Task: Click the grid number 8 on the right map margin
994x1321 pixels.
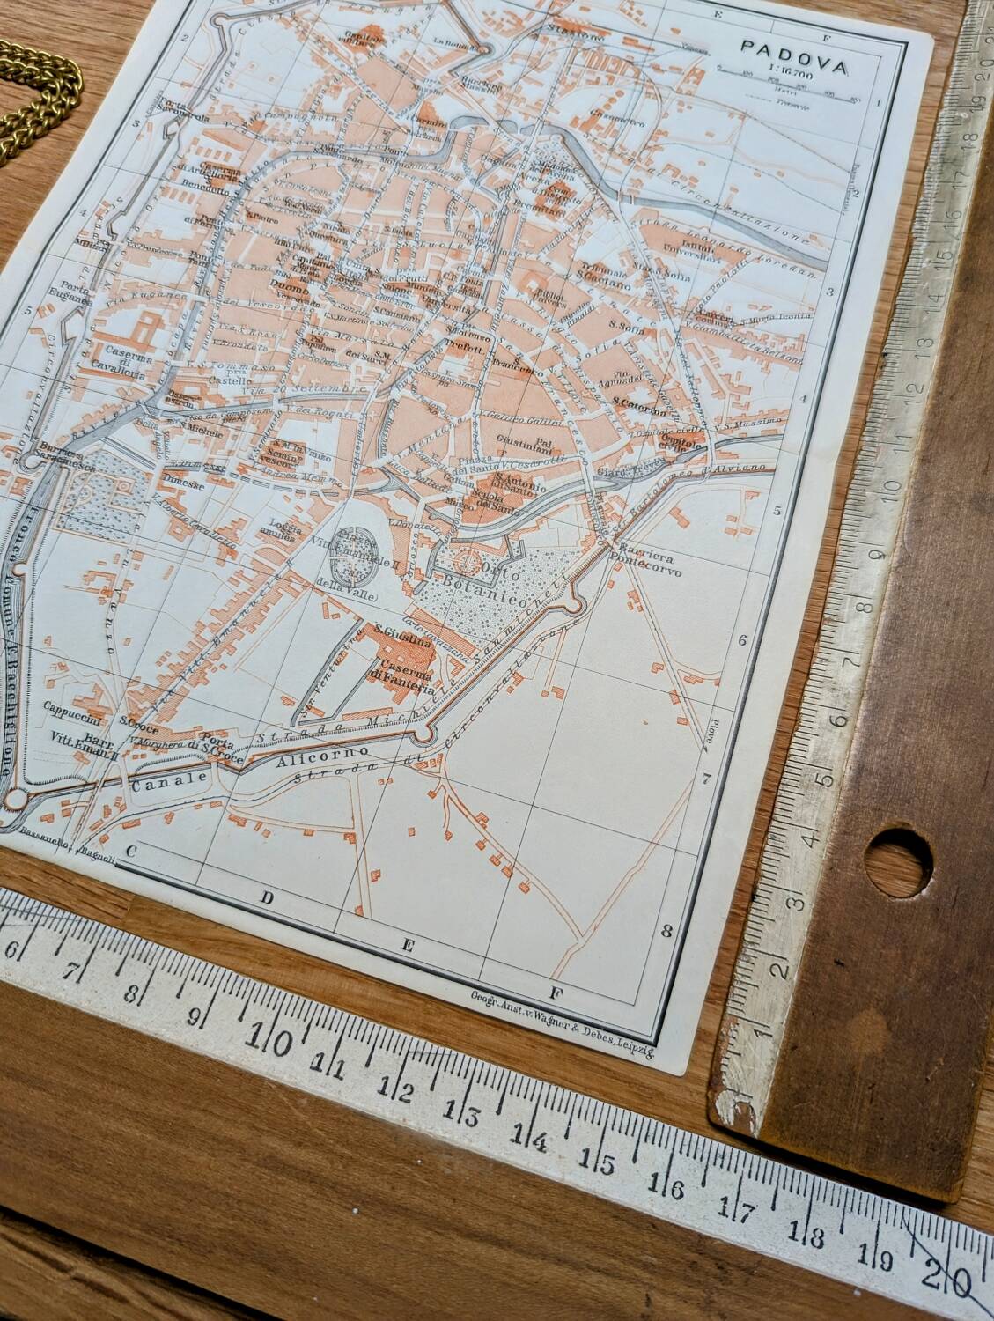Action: tap(666, 930)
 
